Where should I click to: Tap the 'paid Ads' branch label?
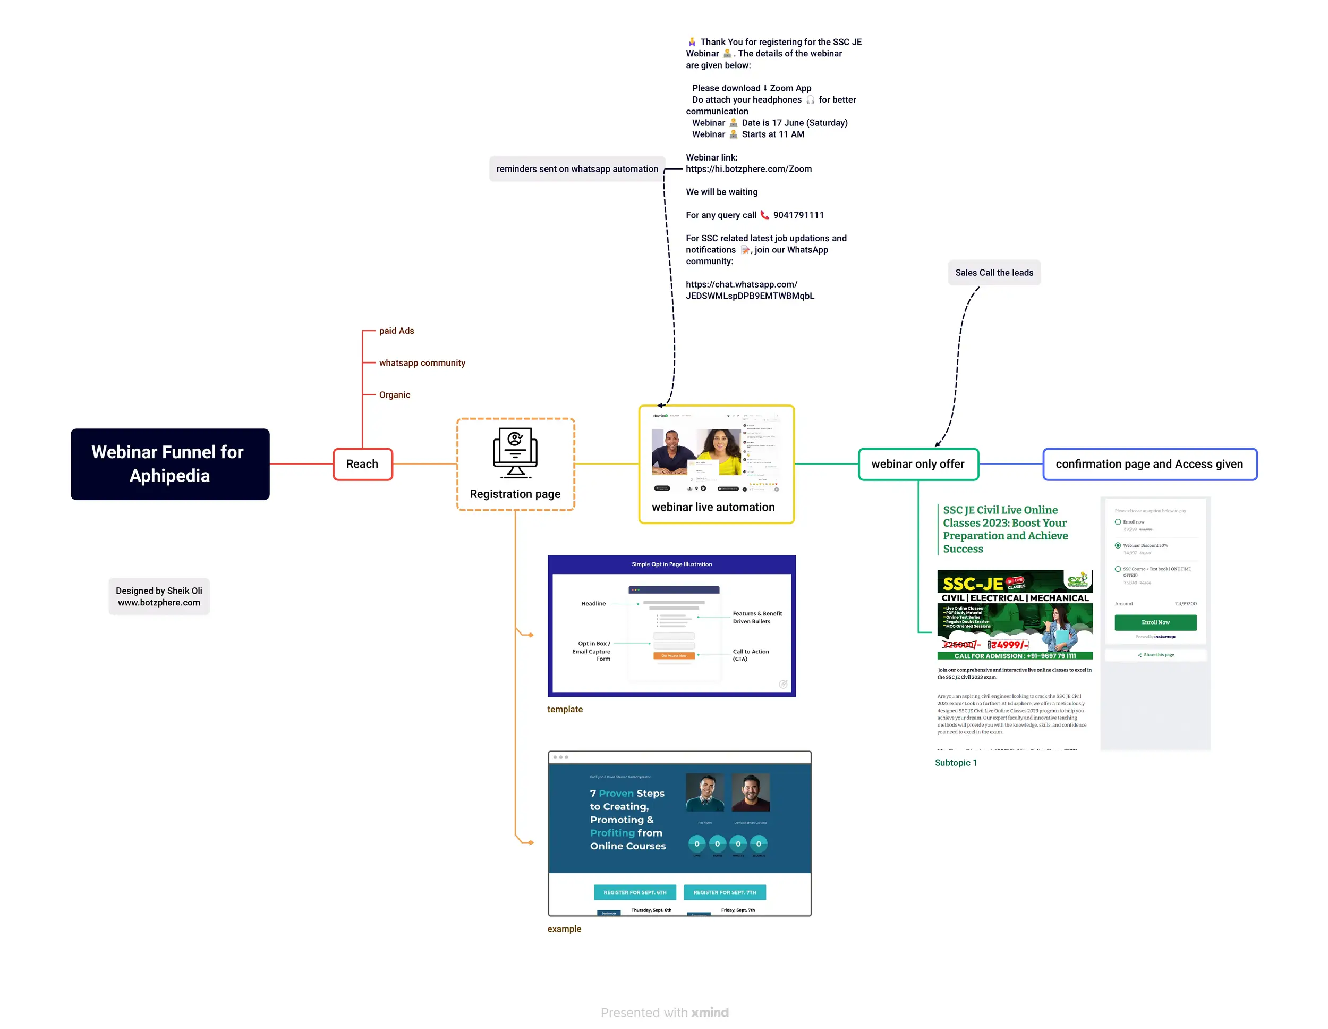396,331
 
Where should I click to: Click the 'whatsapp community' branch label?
422,362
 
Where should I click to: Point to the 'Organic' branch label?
395,395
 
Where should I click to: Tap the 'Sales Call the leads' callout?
993,273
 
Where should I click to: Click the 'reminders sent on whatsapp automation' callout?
576,168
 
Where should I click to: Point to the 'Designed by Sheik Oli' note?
159,596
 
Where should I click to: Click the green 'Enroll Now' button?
1155,622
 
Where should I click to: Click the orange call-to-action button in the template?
674,655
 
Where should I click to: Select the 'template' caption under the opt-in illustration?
564,709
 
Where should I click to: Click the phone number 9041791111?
798,215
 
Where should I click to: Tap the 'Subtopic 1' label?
955,763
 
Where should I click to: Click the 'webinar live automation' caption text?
713,507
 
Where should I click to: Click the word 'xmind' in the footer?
710,1012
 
